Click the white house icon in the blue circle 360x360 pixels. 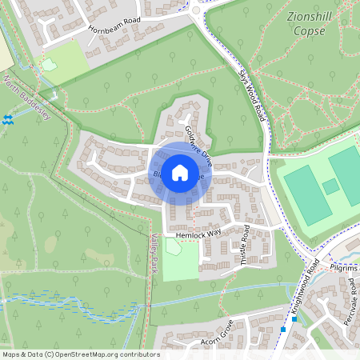(180, 173)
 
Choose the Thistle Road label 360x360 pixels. (242, 249)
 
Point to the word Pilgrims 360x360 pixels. (345, 268)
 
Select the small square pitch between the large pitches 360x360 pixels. (330, 187)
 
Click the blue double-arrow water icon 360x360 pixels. (8, 119)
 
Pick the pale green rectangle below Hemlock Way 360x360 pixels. (180, 258)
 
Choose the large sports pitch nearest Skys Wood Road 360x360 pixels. (307, 194)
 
